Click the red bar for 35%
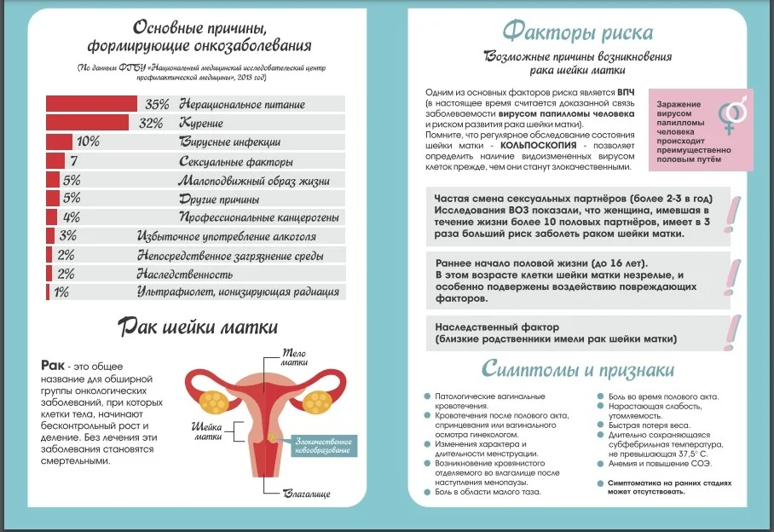[x=91, y=103]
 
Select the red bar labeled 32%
[x=87, y=123]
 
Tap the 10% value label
[x=89, y=142]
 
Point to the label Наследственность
[x=185, y=274]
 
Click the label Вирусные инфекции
[x=229, y=142]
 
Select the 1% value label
[x=61, y=292]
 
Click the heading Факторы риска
[x=578, y=33]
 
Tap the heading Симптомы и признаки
[x=578, y=369]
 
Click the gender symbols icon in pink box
[x=732, y=116]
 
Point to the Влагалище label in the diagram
[x=309, y=493]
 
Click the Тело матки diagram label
[x=294, y=357]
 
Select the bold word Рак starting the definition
[x=52, y=365]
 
